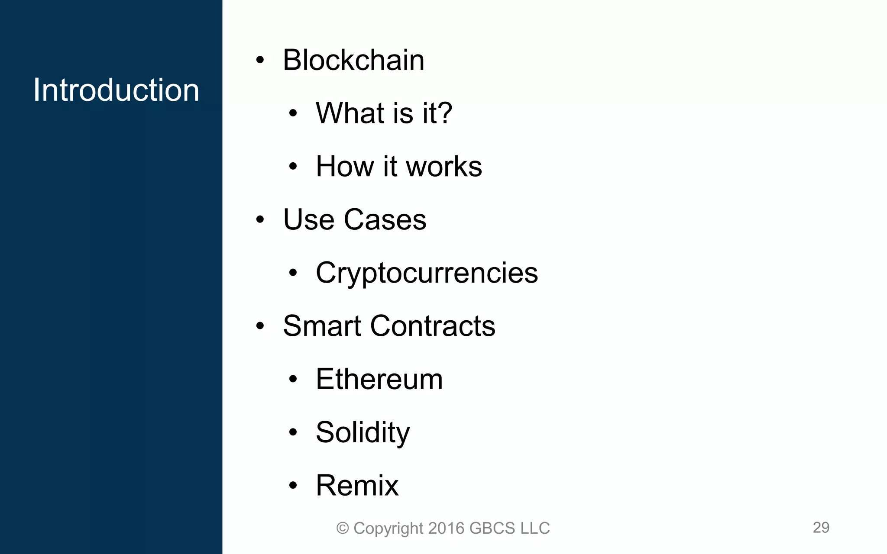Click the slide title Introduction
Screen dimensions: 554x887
coord(116,90)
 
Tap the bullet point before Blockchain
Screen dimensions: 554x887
coord(260,61)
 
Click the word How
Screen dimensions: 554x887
coord(345,166)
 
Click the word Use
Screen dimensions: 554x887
coord(308,219)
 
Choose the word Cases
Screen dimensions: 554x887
coord(385,219)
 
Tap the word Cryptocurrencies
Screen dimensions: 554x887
coord(427,274)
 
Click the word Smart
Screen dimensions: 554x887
coord(322,326)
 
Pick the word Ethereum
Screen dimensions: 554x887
coord(379,379)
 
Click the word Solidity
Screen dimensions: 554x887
coord(363,432)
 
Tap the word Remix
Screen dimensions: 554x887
coord(357,486)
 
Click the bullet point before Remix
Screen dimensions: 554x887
coord(293,486)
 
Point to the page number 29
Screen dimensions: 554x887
coord(821,528)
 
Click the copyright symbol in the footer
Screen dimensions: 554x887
coord(343,528)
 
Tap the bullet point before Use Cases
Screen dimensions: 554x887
coord(260,220)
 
